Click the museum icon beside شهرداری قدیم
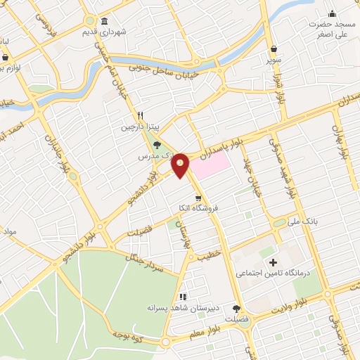point(104,20)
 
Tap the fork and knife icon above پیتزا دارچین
point(141,115)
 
